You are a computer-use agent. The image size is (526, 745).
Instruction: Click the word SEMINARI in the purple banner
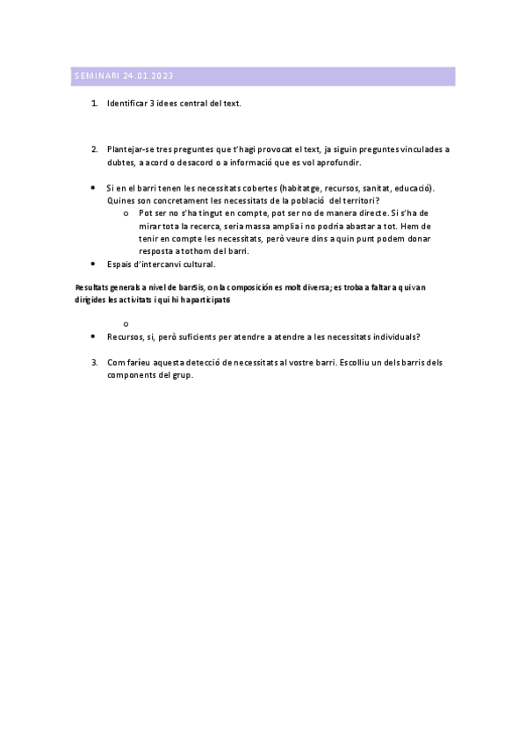tap(97, 77)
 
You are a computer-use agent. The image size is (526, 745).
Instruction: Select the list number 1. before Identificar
tap(94, 104)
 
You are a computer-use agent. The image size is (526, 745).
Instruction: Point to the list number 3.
tap(94, 362)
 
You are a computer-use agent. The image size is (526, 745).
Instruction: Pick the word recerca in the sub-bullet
tap(220, 226)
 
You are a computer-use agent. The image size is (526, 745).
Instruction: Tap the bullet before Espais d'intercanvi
tap(94, 264)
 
